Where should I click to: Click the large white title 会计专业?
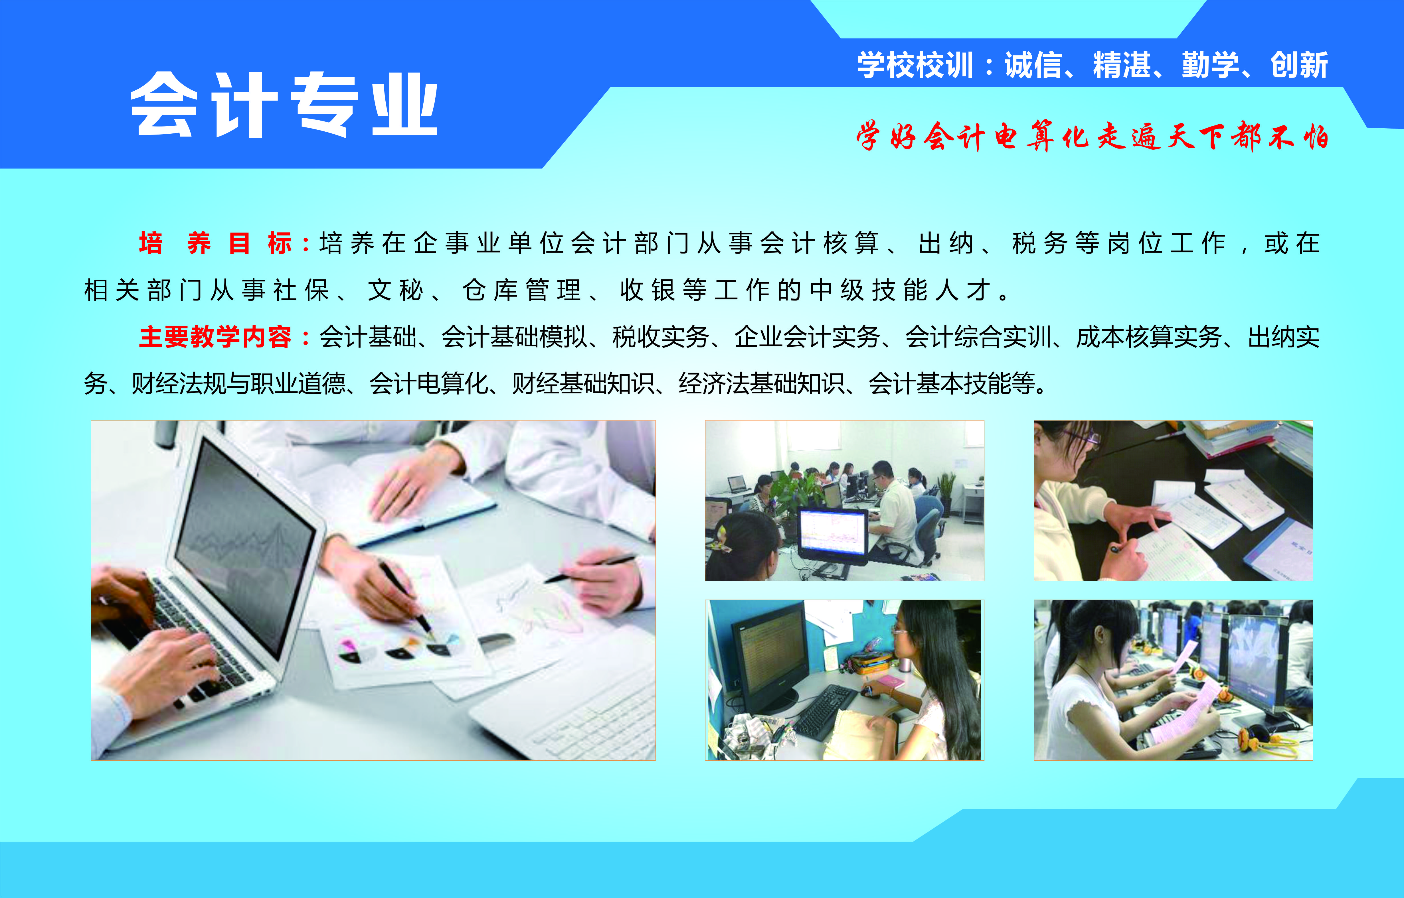pos(284,105)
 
